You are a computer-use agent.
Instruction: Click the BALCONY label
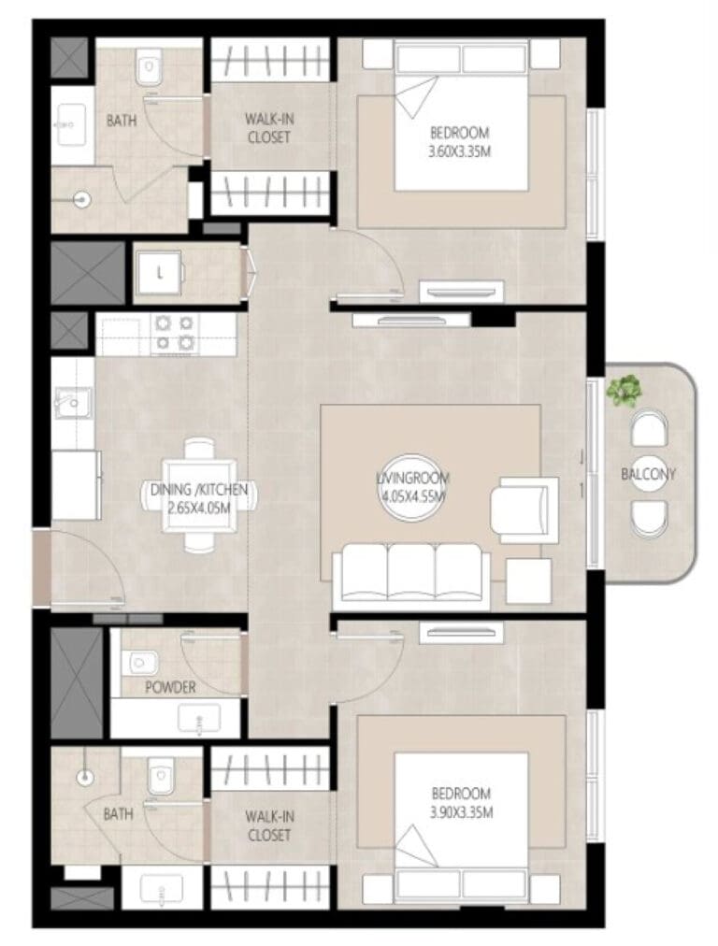pos(648,474)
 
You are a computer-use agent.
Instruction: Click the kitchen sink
pos(73,402)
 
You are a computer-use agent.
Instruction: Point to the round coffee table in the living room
pos(412,487)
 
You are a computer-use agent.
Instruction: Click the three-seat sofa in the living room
pos(411,574)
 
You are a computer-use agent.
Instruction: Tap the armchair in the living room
pos(524,507)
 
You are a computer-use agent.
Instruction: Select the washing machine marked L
pos(159,274)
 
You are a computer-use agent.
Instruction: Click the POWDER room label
pos(170,687)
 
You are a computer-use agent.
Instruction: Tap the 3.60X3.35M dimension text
pos(459,151)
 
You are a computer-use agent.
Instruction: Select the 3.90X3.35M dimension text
pos(462,812)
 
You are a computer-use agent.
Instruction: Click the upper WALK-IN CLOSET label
pos(269,128)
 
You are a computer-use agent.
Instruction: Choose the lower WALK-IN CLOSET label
pos(269,826)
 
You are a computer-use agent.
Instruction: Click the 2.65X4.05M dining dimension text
pos(199,508)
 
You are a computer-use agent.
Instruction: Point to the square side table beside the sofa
pos(528,581)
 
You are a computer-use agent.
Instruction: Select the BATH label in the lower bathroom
pos(118,814)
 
